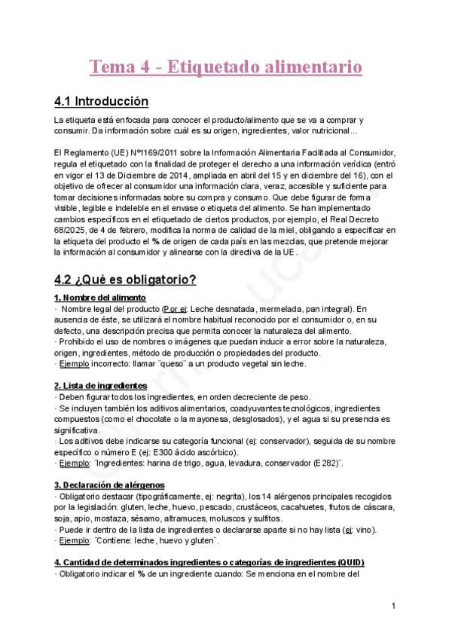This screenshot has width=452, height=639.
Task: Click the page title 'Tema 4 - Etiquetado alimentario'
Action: click(226, 68)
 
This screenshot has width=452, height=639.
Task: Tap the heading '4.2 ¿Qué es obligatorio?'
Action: click(125, 280)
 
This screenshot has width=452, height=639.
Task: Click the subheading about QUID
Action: click(209, 563)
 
